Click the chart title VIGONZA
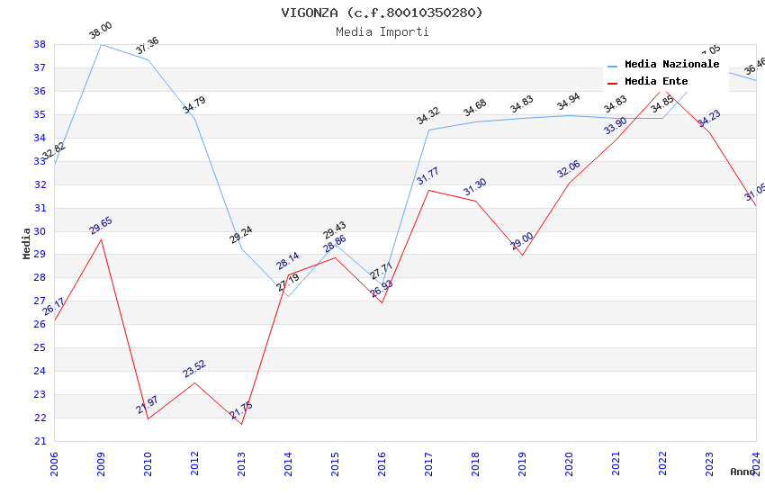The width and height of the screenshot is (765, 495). [382, 13]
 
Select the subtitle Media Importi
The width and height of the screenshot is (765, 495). [382, 31]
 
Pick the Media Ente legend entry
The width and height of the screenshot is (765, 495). [656, 81]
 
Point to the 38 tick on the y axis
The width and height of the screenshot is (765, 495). [40, 44]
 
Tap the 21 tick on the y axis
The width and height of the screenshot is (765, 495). [40, 441]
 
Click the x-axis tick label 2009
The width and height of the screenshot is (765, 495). [101, 463]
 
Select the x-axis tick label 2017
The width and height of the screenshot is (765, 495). [428, 463]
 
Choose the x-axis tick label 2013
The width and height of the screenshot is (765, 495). [241, 463]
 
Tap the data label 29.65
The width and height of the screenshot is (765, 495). [101, 226]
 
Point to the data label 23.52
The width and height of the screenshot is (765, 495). [194, 369]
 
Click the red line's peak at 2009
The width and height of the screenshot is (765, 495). [101, 238]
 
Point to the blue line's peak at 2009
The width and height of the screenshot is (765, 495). [101, 44]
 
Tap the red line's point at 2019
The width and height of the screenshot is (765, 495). [522, 255]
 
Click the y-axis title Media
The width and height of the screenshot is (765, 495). [27, 243]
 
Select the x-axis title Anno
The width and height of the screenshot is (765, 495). [742, 472]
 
